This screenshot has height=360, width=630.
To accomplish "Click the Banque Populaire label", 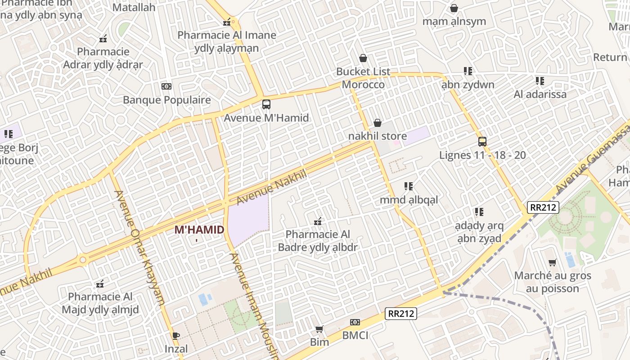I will (166, 100).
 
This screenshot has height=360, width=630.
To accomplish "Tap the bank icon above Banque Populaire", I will (166, 86).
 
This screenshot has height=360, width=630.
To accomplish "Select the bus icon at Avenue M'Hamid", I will (266, 104).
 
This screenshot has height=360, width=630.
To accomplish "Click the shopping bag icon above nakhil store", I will (378, 123).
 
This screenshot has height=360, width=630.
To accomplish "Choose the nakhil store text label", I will (378, 136).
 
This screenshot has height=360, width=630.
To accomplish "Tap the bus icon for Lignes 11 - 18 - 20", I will (482, 142).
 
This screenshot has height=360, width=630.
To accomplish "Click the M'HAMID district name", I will (199, 230).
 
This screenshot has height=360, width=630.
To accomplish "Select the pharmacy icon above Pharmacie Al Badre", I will (318, 221).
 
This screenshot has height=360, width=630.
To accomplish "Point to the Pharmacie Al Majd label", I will (100, 303).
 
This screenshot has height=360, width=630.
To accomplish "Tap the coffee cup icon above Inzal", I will (175, 335).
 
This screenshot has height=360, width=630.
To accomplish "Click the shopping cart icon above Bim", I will (319, 329).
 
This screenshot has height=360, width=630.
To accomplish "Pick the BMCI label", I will (355, 335).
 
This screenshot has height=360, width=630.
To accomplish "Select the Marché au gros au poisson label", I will (553, 282).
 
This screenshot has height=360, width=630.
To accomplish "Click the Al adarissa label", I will (540, 94).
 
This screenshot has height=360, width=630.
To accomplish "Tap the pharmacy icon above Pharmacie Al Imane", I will (227, 22).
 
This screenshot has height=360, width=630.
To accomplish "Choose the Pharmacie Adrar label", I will (103, 58).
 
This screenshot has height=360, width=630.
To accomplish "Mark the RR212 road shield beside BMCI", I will (401, 314).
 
